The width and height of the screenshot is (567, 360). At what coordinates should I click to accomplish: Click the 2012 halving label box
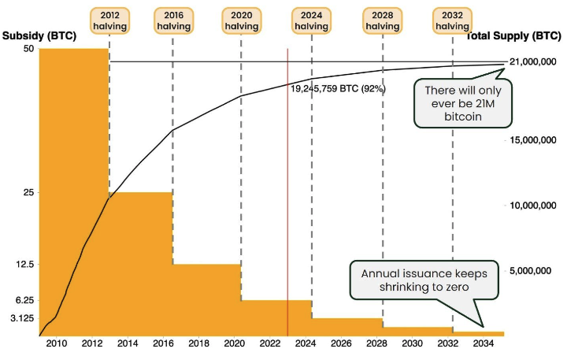tap(109, 20)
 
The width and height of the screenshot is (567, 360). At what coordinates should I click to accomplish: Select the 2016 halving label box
tap(173, 20)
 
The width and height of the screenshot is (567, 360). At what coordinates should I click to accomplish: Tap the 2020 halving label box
tap(242, 20)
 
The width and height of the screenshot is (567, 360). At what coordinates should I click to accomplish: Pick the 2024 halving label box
tap(311, 20)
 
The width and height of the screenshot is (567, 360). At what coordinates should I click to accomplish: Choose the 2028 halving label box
tap(383, 20)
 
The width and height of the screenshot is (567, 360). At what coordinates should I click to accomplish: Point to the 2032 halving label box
tap(453, 20)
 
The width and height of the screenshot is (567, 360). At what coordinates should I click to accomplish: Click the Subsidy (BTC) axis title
tap(39, 36)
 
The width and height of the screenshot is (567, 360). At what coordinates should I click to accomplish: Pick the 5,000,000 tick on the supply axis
tap(535, 271)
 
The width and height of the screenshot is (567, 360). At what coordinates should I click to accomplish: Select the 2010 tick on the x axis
tap(56, 344)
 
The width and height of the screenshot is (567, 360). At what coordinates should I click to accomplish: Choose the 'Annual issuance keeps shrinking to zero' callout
tap(424, 280)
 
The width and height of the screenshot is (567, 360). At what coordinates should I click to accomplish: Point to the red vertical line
tap(287, 197)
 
